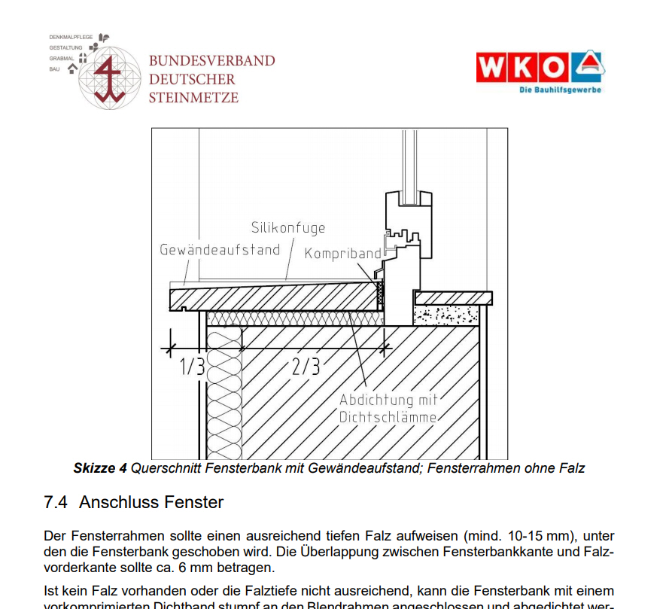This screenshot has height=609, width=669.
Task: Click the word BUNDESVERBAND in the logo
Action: click(x=211, y=61)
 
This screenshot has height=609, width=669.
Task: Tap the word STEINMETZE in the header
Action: click(x=193, y=97)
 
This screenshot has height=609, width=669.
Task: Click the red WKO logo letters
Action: click(x=522, y=67)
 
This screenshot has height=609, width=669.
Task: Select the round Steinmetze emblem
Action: click(x=111, y=77)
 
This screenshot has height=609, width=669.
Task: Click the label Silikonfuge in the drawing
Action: click(x=288, y=227)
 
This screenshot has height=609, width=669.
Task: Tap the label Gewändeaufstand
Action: click(x=220, y=249)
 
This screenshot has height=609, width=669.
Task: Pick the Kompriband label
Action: click(x=342, y=254)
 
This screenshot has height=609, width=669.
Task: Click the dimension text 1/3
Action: click(x=192, y=367)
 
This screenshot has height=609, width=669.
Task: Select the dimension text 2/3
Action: click(x=306, y=367)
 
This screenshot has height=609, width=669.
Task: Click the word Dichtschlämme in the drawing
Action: click(x=388, y=416)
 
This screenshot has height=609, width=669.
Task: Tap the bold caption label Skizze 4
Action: click(x=100, y=468)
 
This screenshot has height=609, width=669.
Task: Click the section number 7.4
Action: click(x=56, y=501)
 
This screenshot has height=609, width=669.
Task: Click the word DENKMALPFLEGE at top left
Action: click(x=71, y=36)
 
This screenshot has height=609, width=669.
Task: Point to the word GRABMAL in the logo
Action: click(x=62, y=58)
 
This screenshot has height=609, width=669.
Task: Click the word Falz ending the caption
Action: click(x=571, y=468)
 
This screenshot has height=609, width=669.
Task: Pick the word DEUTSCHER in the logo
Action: click(x=192, y=79)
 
